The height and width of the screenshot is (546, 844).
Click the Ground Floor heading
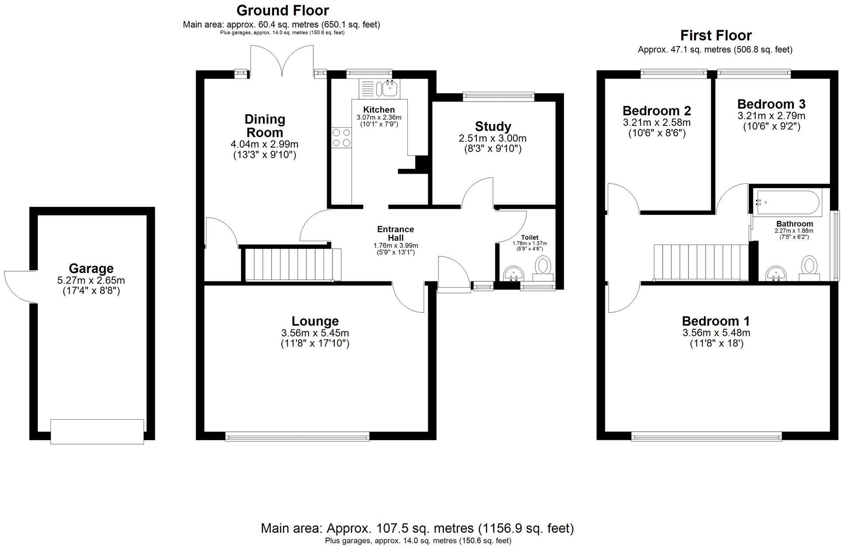[x=282, y=10]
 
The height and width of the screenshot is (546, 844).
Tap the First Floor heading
[x=716, y=35]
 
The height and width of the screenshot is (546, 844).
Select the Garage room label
[x=91, y=269]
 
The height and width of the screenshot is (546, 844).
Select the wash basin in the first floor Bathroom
[x=776, y=273]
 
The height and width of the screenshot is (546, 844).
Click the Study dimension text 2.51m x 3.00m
[x=492, y=138]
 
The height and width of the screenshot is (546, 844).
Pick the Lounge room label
[x=315, y=321]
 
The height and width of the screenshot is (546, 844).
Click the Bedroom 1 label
[x=715, y=321]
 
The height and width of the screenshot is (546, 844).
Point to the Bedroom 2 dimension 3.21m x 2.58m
[x=656, y=123]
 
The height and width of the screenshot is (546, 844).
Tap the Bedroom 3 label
[x=771, y=104]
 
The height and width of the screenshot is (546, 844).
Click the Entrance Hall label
[x=395, y=233]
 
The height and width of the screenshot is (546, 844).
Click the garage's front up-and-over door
[x=97, y=431]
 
